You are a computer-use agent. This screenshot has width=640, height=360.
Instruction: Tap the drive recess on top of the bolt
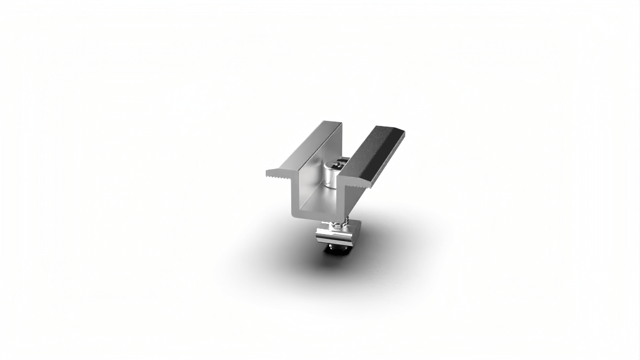click(336, 164)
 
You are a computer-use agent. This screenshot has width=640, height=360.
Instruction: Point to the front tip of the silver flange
click(269, 171)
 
